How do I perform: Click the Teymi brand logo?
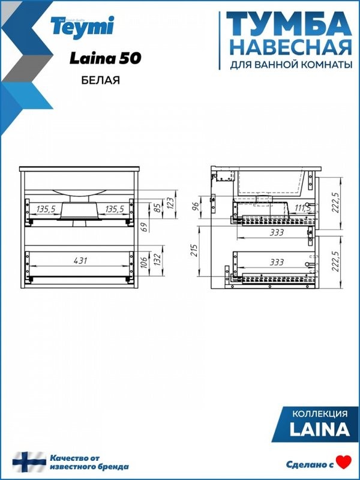91,25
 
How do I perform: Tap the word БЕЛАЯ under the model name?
100,80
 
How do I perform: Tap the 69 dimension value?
144,227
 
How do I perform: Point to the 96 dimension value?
195,205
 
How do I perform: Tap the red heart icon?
343,462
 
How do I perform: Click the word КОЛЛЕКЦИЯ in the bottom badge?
319,414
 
